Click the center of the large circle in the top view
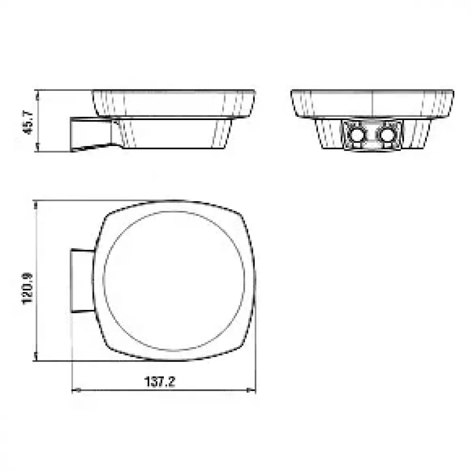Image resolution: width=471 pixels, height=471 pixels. (x=174, y=281)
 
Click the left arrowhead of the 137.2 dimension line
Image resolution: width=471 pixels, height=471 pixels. (x=76, y=390)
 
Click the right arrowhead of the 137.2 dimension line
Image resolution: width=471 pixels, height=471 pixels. (x=251, y=390)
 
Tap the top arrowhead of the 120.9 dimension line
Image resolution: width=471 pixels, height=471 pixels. (x=36, y=205)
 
